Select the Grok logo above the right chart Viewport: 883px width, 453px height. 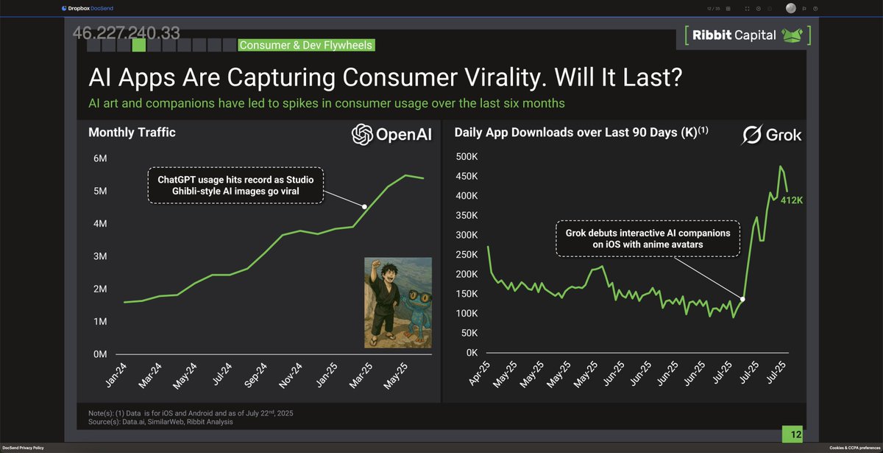(x=771, y=135)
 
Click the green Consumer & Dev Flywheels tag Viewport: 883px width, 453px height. (x=306, y=46)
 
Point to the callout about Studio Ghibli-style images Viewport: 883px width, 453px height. (x=235, y=185)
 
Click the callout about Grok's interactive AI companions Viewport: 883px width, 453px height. (x=648, y=237)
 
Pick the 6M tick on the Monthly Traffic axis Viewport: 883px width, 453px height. (x=101, y=158)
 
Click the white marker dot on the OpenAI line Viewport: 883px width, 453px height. (x=365, y=206)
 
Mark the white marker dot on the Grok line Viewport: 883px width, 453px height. (x=742, y=299)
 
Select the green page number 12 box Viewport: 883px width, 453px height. (x=795, y=435)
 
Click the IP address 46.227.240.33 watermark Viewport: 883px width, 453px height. (x=126, y=33)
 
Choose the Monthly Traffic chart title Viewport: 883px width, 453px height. (x=132, y=133)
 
